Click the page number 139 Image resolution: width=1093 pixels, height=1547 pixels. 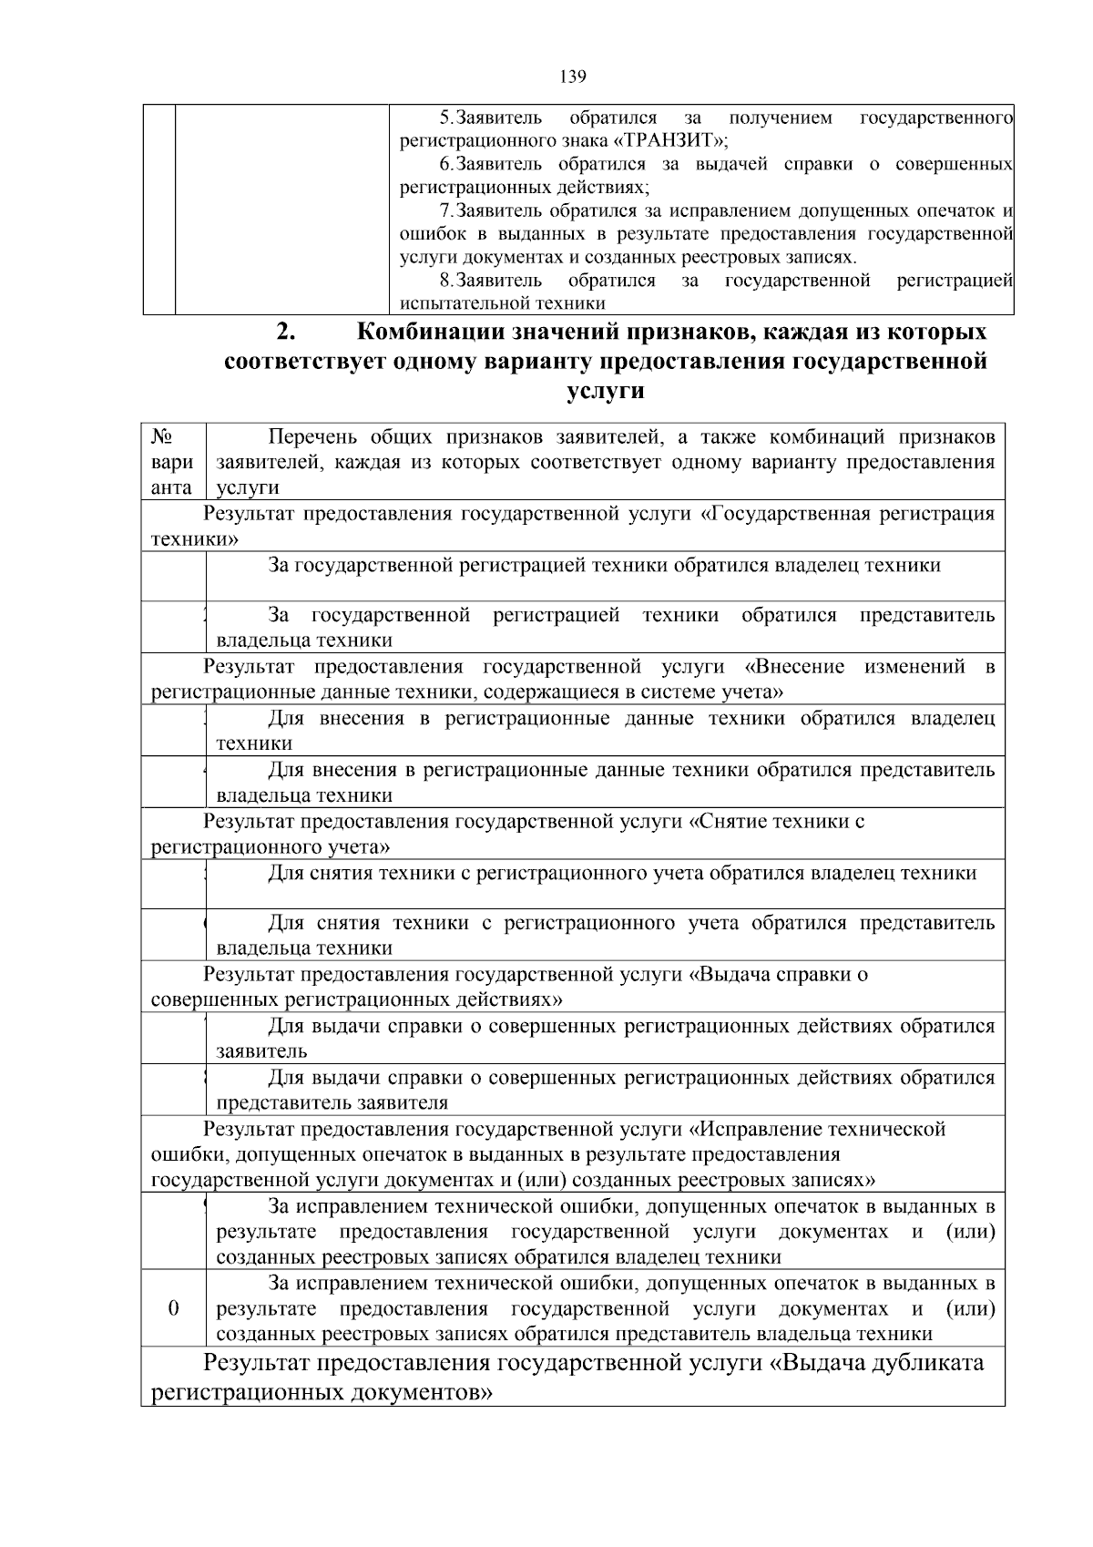(x=573, y=76)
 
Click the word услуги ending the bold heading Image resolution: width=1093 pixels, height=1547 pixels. (x=606, y=391)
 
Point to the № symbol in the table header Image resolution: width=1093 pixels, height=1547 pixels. (x=162, y=436)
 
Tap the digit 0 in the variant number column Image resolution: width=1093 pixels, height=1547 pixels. (x=173, y=1308)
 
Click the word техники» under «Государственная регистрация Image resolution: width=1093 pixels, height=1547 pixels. (x=195, y=538)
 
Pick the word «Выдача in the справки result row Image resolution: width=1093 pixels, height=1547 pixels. (x=729, y=975)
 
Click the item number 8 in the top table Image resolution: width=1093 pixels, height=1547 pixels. (x=444, y=280)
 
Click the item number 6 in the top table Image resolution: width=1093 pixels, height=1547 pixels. (x=444, y=164)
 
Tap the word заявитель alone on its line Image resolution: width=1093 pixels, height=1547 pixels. (x=261, y=1051)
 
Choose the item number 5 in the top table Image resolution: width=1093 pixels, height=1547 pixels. (x=444, y=118)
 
